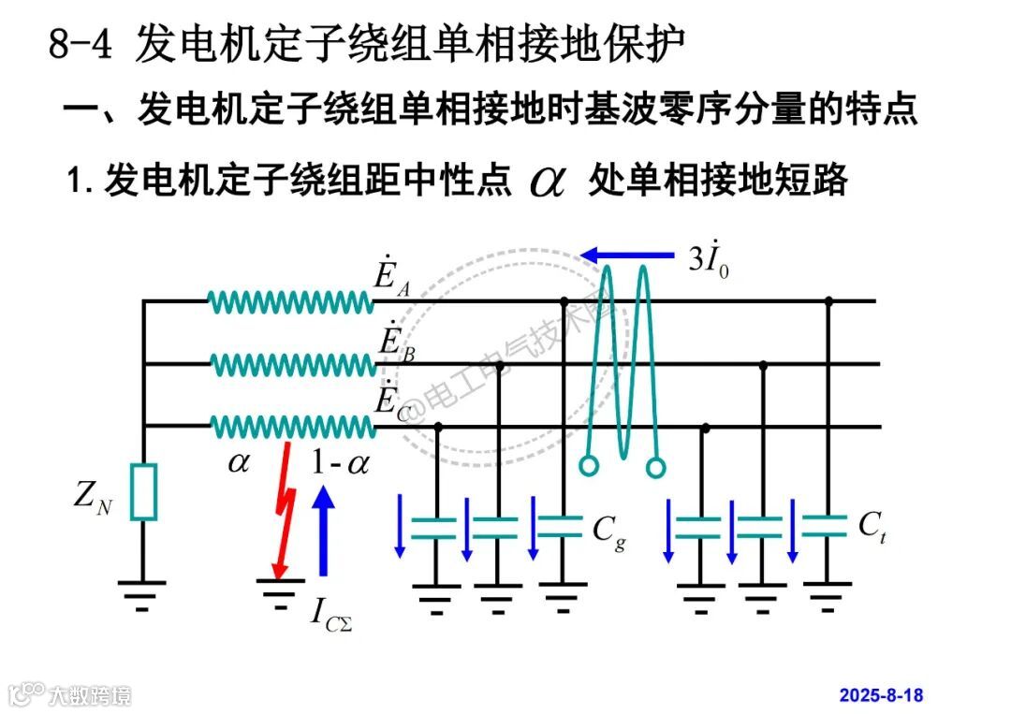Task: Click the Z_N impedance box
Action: pyautogui.click(x=143, y=491)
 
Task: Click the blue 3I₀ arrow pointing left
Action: pyautogui.click(x=627, y=254)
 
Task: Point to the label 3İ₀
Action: pyautogui.click(x=709, y=258)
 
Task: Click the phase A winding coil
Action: pyautogui.click(x=290, y=301)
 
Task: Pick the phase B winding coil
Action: pyautogui.click(x=290, y=364)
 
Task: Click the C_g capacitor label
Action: pyautogui.click(x=609, y=532)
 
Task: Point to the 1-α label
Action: pyautogui.click(x=340, y=462)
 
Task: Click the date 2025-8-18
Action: pyautogui.click(x=881, y=694)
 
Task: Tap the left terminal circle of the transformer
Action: pyautogui.click(x=588, y=465)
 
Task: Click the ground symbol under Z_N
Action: pyautogui.click(x=142, y=592)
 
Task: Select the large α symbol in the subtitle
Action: pyautogui.click(x=548, y=180)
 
